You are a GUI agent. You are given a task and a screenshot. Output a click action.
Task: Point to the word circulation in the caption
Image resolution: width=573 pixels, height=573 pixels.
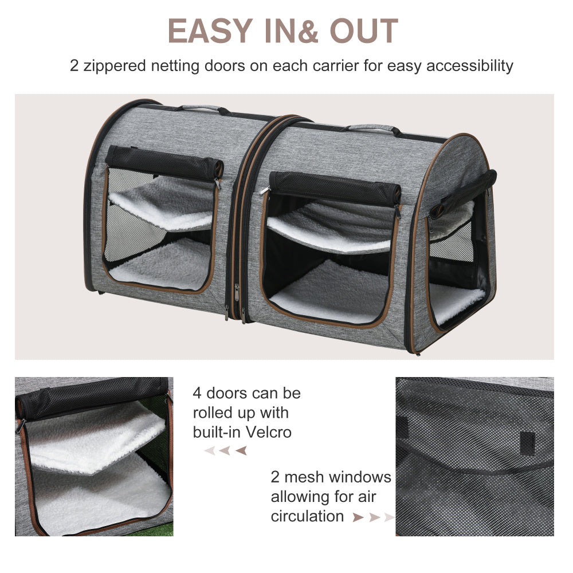pos(308,516)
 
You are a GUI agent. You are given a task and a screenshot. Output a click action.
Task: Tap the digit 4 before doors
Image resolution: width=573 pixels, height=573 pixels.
pos(197,394)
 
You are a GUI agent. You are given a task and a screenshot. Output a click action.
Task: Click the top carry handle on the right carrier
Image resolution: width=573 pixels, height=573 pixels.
pos(372,129)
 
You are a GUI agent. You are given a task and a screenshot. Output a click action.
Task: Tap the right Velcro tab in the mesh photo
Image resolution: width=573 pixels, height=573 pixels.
pos(528,441)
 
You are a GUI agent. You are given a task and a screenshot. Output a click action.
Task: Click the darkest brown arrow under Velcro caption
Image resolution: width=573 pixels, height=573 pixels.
pos(241,450)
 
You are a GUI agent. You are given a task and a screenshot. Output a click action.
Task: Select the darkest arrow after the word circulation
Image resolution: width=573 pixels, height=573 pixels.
pos(359,517)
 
